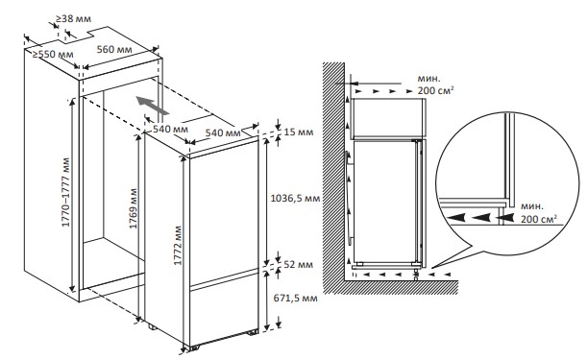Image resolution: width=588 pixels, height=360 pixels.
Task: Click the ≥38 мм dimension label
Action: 73,18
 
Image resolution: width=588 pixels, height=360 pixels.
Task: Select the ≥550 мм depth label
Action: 53,54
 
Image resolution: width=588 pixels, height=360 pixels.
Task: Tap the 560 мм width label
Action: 114,49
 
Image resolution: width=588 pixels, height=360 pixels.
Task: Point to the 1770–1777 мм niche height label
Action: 66,192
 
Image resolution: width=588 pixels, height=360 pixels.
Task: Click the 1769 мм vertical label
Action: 134,208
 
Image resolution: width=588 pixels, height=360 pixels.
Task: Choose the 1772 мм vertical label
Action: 178,246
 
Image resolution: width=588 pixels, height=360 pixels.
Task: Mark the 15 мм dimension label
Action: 299,132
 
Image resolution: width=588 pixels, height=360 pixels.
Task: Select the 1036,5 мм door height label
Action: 295,198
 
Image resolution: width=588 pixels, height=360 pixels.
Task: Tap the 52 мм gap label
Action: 298,264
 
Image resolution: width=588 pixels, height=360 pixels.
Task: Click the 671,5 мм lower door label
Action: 295,299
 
